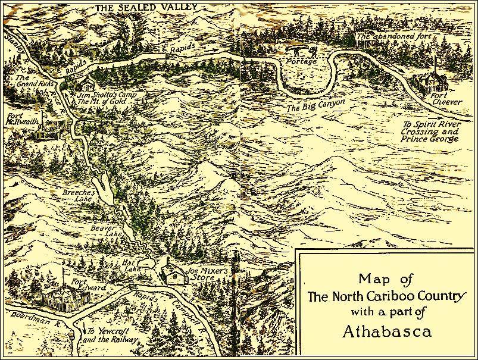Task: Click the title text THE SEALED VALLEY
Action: [x=138, y=8]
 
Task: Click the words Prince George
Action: [x=429, y=139]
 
